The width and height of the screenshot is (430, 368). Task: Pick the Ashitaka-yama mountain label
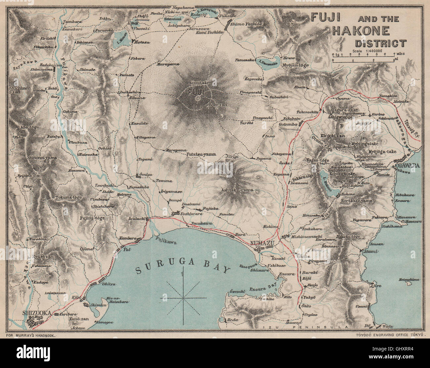(x=237, y=190)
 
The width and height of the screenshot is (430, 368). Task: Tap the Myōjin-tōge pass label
(x=304, y=65)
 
